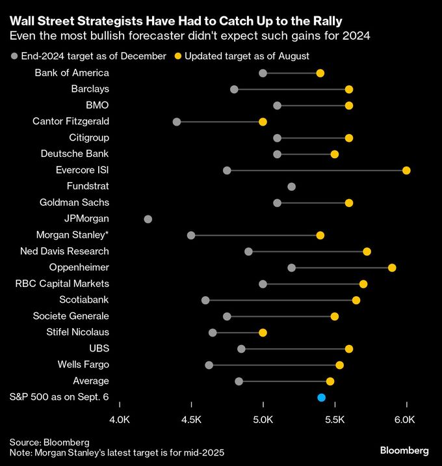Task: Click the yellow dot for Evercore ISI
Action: pyautogui.click(x=406, y=171)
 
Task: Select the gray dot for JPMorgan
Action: pyautogui.click(x=148, y=219)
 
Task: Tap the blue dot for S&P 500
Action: pyautogui.click(x=321, y=398)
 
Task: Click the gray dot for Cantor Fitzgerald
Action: pyautogui.click(x=177, y=122)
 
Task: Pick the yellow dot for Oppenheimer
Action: pyautogui.click(x=392, y=268)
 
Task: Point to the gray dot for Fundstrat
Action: pyautogui.click(x=291, y=187)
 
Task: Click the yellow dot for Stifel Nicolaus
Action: pyautogui.click(x=263, y=333)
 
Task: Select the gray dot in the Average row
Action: pyautogui.click(x=239, y=381)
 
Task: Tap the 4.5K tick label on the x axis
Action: pyautogui.click(x=191, y=420)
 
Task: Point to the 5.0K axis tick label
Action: pyautogui.click(x=263, y=420)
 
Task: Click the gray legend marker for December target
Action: pyautogui.click(x=15, y=57)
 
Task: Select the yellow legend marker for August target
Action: pyautogui.click(x=177, y=57)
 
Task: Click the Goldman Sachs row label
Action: pyautogui.click(x=74, y=202)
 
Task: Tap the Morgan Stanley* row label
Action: pyautogui.click(x=72, y=235)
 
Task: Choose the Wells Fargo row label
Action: pyautogui.click(x=83, y=364)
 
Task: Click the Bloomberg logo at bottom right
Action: pyautogui.click(x=404, y=450)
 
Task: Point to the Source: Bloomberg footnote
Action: pyautogui.click(x=49, y=442)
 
